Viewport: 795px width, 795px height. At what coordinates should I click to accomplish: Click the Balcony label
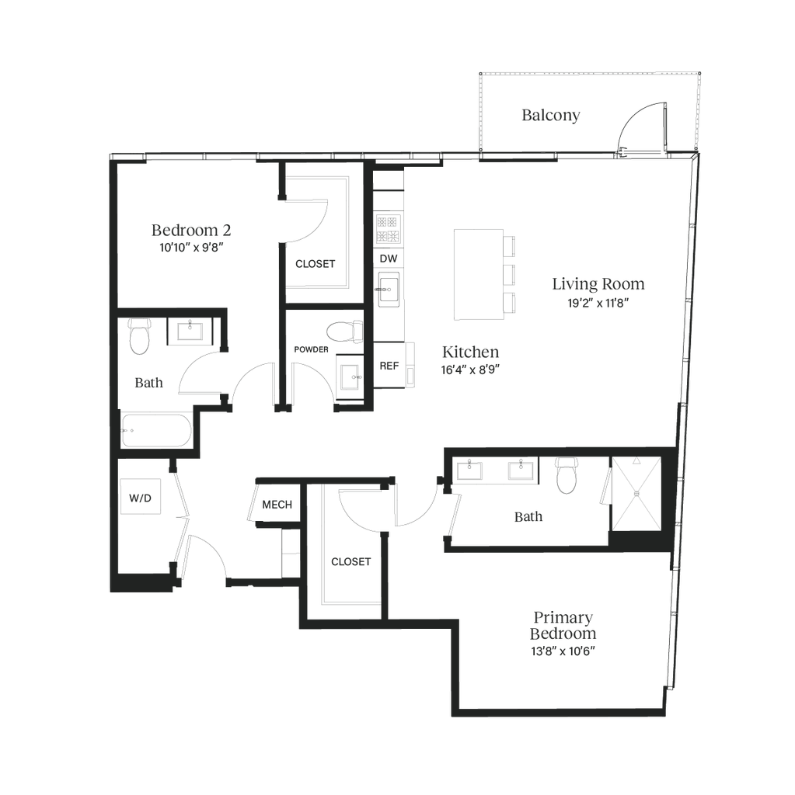tap(551, 116)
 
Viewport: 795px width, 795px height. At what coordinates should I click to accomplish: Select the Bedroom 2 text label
tap(190, 230)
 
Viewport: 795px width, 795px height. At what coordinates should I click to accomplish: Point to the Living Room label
tap(598, 284)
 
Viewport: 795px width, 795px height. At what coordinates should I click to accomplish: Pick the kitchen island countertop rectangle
tap(478, 273)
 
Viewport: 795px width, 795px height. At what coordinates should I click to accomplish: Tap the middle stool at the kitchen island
tap(510, 274)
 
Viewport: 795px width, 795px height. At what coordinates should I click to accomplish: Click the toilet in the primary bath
tap(568, 475)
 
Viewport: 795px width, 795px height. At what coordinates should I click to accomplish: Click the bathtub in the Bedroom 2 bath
tap(158, 432)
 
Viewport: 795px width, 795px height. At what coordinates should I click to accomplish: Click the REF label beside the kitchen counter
tap(389, 366)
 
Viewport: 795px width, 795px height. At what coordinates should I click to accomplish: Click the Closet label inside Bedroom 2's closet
tap(316, 264)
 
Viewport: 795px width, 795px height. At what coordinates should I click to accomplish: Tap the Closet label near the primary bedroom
tap(350, 561)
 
